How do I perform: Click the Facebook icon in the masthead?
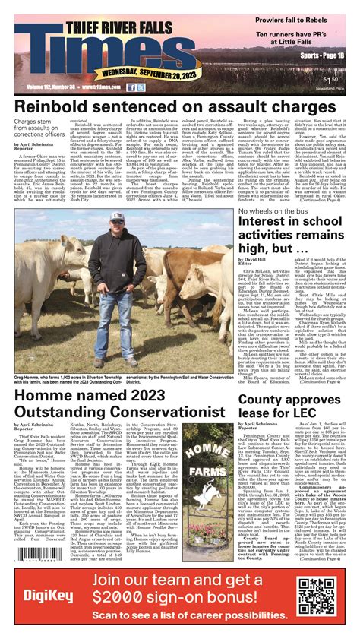131,87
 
